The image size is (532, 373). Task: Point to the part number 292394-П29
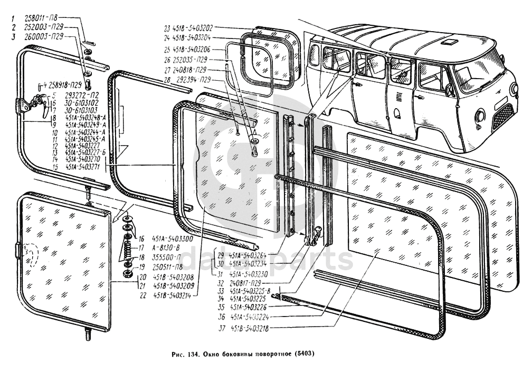pyautogui.click(x=193, y=80)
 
